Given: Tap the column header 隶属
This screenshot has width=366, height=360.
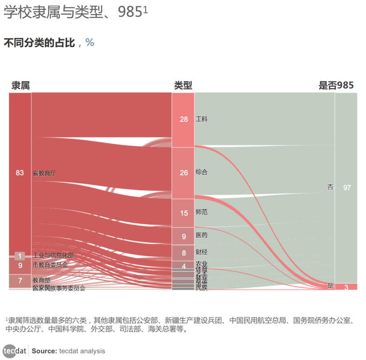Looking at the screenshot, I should coord(20,85).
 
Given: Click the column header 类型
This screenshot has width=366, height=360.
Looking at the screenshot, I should coord(183,85).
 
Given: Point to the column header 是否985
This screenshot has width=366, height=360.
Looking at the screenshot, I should coord(336,85).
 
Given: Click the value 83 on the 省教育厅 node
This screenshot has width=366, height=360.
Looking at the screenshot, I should coord(20,173).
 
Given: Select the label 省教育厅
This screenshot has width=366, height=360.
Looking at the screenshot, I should coord(44,173).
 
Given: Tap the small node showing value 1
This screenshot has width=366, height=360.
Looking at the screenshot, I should coord(20,256).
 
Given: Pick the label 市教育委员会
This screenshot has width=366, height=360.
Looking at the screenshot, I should coord(50,265).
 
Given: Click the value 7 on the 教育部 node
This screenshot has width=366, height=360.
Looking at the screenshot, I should coord(20,280).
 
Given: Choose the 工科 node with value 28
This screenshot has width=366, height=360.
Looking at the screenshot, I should coord(183,120).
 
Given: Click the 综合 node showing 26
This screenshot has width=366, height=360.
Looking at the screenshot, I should coord(183,173).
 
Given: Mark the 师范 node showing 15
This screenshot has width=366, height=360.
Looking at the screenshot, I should coord(183,213).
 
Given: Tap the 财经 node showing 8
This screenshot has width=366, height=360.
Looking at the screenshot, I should coord(183,253).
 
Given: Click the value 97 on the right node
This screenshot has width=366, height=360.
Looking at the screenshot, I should coord(346,187).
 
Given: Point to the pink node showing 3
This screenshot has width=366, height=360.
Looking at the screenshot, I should coord(346,287).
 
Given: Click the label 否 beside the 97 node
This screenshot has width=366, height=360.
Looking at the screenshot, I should coord(330,187).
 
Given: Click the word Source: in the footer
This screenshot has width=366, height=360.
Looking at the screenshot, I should coord(45,351).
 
